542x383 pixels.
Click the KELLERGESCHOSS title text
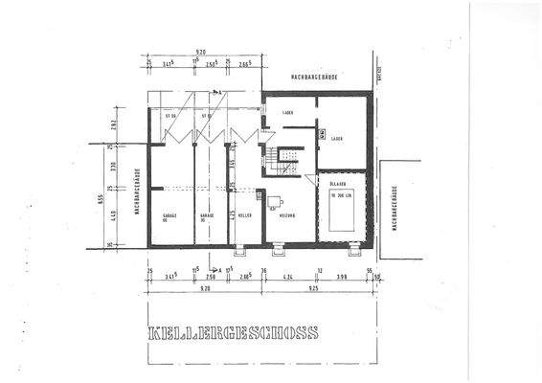point(234,335)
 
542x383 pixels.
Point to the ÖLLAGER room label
point(337,183)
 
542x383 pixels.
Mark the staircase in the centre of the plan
point(283,160)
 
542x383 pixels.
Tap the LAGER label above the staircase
point(287,113)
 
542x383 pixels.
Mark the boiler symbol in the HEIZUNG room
point(274,201)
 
